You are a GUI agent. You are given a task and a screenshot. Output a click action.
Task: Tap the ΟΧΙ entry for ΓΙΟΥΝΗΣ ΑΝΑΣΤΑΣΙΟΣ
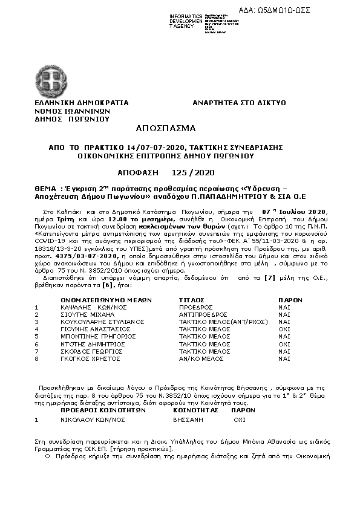pyautogui.click(x=284, y=329)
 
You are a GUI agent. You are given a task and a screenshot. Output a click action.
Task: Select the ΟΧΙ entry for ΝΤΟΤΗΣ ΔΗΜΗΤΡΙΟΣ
pyautogui.click(x=284, y=343)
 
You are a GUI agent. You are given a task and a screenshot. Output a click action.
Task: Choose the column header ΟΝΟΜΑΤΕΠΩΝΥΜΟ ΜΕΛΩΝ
pyautogui.click(x=106, y=300)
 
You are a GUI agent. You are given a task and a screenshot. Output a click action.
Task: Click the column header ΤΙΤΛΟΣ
pyautogui.click(x=192, y=300)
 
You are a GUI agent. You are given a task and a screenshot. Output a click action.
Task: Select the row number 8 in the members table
pyautogui.click(x=37, y=358)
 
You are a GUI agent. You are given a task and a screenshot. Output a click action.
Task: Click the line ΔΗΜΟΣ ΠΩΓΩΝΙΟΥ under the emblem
pyautogui.click(x=71, y=119)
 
